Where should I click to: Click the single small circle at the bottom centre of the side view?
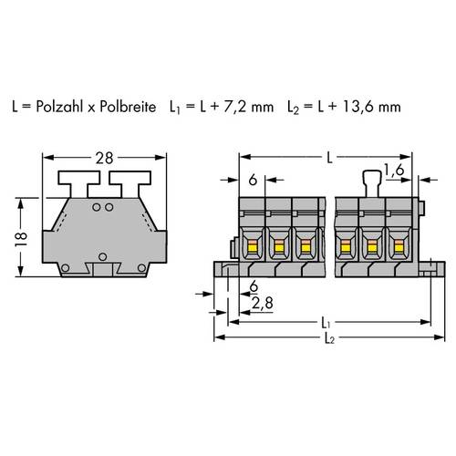(102, 255)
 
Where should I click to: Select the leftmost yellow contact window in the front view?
(251, 244)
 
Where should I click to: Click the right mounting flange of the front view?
(425, 269)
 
